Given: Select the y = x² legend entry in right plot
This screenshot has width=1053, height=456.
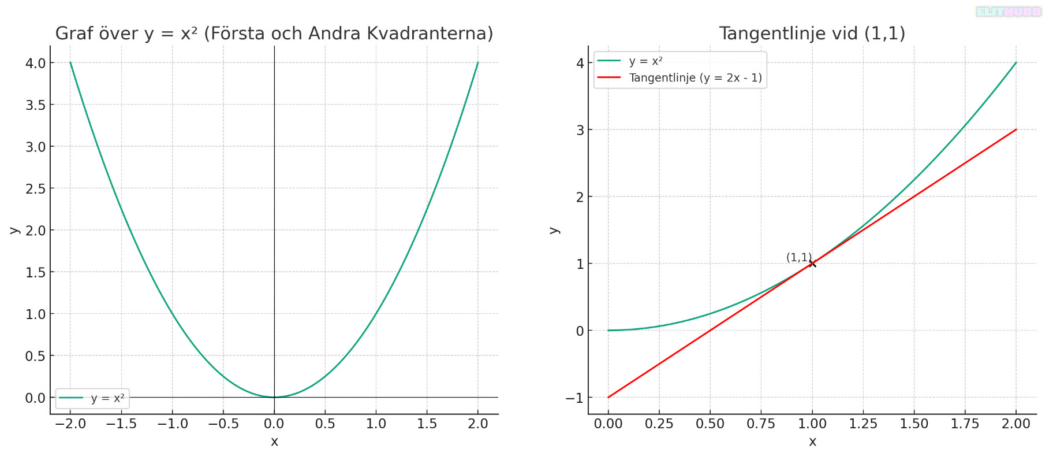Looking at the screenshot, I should click(x=645, y=61).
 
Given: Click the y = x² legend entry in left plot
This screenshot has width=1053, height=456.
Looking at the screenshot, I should click(x=107, y=398).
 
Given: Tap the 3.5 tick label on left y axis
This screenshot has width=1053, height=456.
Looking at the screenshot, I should click(x=35, y=105).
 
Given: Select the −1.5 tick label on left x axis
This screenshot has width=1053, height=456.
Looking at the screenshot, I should click(x=121, y=424).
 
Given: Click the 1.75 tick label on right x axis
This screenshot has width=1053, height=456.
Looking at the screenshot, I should click(x=965, y=424).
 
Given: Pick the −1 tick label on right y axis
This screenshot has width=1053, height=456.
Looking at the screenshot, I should click(x=574, y=398).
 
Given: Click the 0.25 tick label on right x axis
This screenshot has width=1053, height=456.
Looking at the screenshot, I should click(x=659, y=424).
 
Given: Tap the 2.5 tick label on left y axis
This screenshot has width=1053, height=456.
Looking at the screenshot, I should click(x=35, y=189).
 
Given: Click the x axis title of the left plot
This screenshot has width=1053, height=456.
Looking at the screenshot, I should click(x=274, y=442).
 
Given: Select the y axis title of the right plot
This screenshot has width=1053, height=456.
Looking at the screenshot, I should click(x=554, y=230).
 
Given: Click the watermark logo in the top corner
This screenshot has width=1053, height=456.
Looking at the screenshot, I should click(x=1008, y=12).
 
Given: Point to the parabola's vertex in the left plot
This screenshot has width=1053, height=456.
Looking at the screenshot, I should click(x=274, y=397).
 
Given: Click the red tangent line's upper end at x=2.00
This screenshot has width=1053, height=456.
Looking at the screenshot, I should click(x=1016, y=129).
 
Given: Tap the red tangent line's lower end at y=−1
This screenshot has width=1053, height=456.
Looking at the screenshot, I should click(x=608, y=397).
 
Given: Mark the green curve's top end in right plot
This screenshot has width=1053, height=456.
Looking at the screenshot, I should click(x=1016, y=62).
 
